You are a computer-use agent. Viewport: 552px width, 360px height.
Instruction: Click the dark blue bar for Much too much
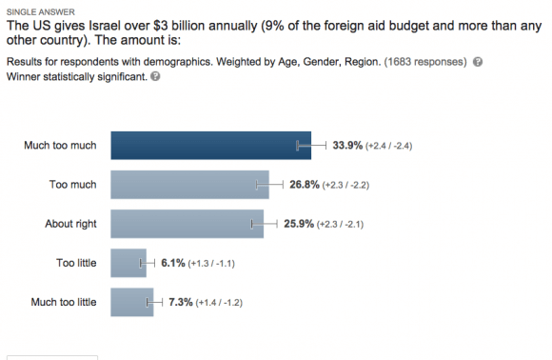coord(210,145)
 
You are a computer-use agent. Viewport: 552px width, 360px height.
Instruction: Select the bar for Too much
coord(189,185)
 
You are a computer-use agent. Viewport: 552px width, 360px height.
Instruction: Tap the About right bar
coord(187,224)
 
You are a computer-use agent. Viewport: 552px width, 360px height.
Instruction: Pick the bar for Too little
coord(128,264)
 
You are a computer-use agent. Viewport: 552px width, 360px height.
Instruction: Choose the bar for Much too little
coord(131,303)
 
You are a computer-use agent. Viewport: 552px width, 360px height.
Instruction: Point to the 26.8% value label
coord(303,185)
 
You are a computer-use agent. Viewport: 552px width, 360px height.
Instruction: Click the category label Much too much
coord(59,146)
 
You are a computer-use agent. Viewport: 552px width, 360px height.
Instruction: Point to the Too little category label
coord(76,264)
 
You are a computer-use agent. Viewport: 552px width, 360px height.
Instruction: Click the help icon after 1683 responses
coord(477,62)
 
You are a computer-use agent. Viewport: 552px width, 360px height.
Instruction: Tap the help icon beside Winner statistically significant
coord(155,76)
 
